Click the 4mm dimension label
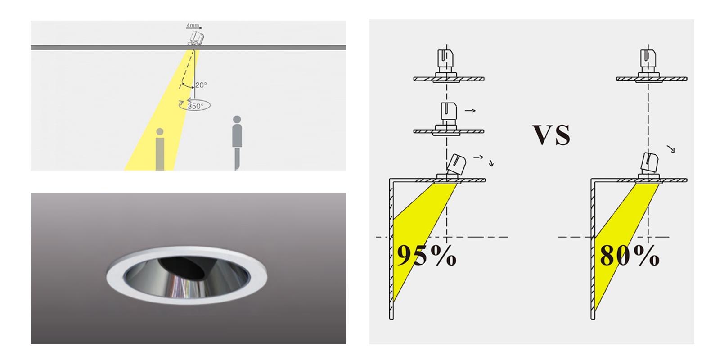click(193, 25)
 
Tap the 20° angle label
click(201, 85)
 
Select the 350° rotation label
click(195, 106)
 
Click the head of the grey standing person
click(237, 120)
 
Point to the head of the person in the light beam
click(160, 132)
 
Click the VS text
click(552, 135)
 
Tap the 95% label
click(427, 256)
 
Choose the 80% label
click(630, 256)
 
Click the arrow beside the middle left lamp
click(470, 111)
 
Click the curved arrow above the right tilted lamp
click(671, 149)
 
